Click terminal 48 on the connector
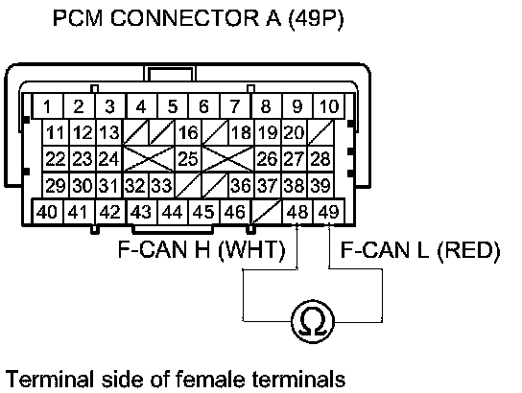pos(297,212)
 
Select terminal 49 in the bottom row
pos(328,212)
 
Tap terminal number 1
pos(47,106)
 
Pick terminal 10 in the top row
pos(328,106)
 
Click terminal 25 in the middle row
pos(188,158)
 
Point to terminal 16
pos(188,132)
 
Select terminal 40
pos(47,212)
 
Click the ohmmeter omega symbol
pos(313,321)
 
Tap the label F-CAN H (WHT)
pos(202,249)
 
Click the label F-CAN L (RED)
pos(420,250)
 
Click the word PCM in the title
pos(78,18)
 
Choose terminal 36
pos(241,185)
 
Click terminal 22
pos(56,158)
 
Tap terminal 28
pos(320,158)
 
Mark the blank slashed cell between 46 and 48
pos(267,212)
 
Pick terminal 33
pos(162,185)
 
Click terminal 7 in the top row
pos(235,106)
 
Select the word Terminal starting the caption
pos(50,379)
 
